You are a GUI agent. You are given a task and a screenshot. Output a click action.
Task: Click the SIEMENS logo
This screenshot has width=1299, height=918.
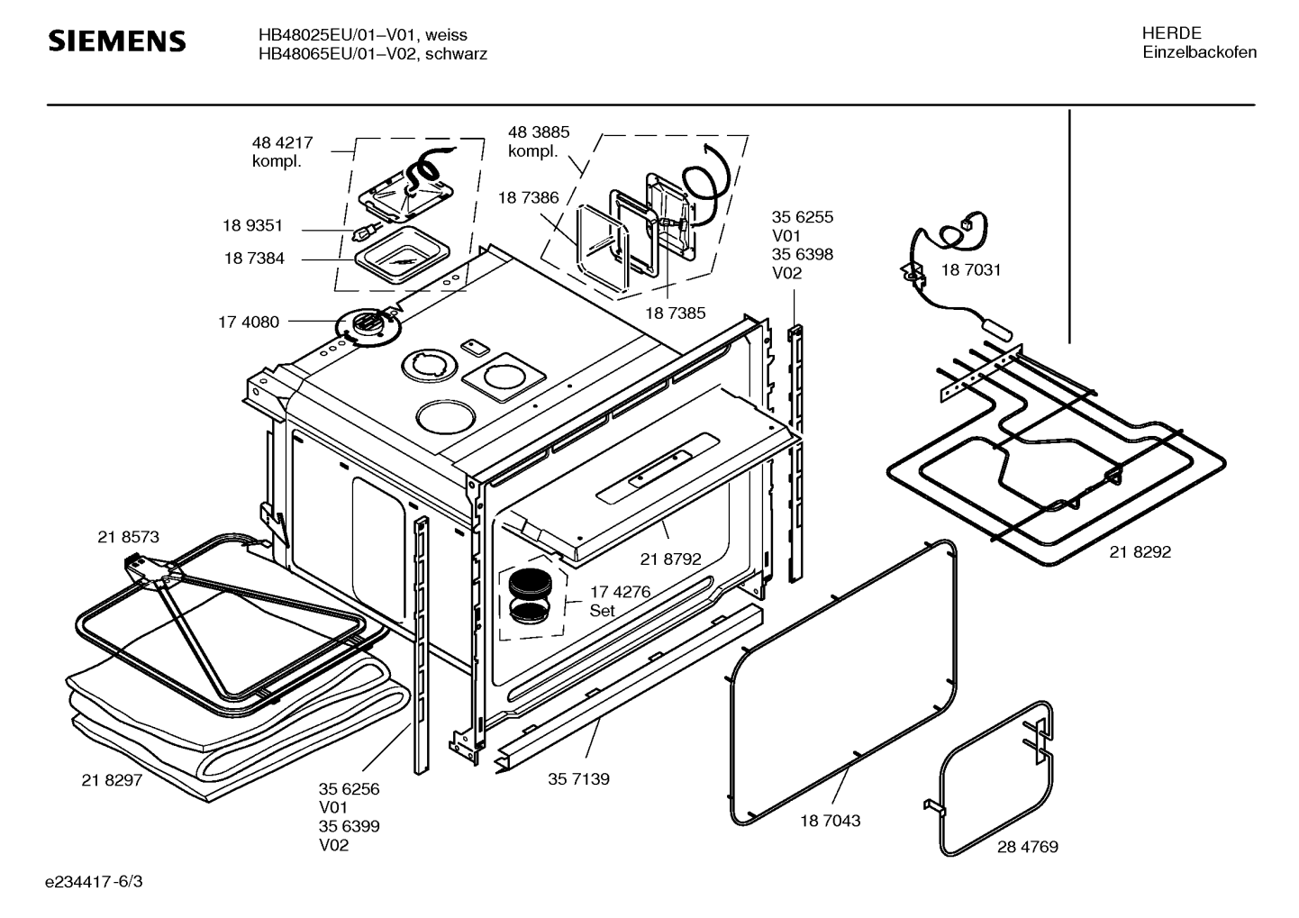[116, 41]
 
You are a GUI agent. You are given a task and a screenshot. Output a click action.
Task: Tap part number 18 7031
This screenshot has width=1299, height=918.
[970, 269]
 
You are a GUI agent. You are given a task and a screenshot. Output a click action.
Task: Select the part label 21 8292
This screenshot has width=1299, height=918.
[1140, 552]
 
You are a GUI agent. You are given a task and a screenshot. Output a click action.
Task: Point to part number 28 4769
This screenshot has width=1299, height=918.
[1027, 847]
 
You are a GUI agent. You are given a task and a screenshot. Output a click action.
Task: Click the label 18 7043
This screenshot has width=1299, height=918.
[830, 821]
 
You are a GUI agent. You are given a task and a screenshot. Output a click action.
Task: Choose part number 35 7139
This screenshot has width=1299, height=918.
[578, 778]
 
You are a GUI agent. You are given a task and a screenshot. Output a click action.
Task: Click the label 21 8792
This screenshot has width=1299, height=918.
[670, 559]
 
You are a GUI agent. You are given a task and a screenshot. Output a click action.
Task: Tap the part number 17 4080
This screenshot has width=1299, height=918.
[249, 322]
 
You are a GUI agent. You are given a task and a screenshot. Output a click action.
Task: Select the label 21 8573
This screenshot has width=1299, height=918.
[128, 537]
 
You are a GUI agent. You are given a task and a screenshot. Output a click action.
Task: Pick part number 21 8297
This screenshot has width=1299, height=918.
[112, 780]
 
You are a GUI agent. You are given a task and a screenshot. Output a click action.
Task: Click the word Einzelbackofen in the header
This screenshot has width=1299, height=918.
[1199, 52]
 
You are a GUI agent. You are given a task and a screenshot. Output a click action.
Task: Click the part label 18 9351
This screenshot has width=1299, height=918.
[253, 226]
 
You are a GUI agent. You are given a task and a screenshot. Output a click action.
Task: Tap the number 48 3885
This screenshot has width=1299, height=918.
[539, 132]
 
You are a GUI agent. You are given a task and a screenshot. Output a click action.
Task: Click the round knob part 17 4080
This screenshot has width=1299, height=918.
[367, 324]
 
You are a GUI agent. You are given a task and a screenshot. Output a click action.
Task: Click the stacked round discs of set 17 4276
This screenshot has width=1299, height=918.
[528, 597]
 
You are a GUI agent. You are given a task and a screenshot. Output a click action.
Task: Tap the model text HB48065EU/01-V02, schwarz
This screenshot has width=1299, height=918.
[372, 54]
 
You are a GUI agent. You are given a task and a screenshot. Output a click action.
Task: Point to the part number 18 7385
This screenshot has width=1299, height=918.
[675, 314]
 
